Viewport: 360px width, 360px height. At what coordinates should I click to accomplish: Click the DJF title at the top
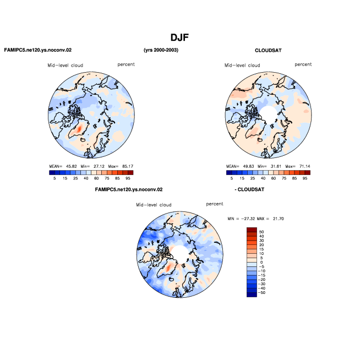tap(179, 37)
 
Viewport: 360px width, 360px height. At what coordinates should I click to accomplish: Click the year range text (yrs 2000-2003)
tap(161, 50)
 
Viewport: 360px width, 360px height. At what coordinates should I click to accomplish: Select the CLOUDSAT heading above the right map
tap(268, 50)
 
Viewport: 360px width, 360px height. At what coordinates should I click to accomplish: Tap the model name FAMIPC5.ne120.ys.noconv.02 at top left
tap(38, 50)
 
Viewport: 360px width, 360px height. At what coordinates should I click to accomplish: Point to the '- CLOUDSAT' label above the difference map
tap(249, 189)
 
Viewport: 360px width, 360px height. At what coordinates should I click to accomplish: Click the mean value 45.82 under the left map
tap(72, 166)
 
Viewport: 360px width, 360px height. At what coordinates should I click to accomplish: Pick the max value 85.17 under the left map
tap(128, 166)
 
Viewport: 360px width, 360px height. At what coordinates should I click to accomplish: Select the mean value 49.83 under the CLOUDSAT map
tap(248, 166)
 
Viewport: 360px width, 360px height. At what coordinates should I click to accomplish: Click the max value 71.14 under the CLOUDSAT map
tap(304, 166)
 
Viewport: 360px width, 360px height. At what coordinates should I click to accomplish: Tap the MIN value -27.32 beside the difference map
tap(248, 219)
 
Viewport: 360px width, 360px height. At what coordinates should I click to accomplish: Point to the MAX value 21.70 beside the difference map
tap(279, 219)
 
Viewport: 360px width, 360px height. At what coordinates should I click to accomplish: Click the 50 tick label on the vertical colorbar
tap(261, 232)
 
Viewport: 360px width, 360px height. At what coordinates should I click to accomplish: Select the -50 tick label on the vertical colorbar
tap(261, 292)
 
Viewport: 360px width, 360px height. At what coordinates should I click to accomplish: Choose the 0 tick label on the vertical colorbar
tap(261, 262)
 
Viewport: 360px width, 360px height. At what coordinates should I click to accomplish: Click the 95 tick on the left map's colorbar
tap(128, 178)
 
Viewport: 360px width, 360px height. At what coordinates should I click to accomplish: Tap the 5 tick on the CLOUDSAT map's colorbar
tap(232, 178)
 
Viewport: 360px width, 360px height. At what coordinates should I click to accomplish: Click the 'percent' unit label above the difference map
tap(215, 204)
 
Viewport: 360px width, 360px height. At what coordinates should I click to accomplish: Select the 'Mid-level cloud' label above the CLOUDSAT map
tap(242, 65)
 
